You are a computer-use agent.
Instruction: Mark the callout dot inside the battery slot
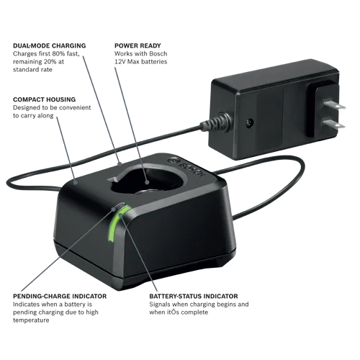pos(148,171)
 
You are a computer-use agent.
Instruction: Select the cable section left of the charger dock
pos(36,173)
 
